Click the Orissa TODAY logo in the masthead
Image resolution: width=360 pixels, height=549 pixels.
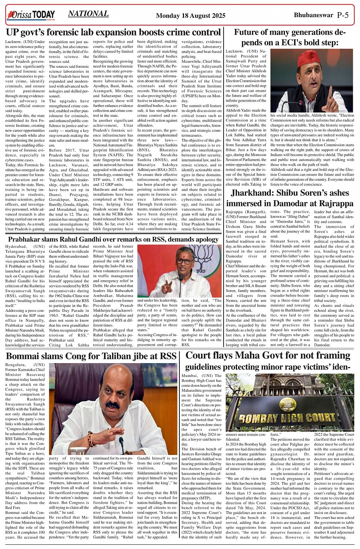coord(31,15)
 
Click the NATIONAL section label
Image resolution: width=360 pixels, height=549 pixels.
coord(88,14)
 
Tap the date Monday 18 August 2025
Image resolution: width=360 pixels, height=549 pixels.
coord(190,16)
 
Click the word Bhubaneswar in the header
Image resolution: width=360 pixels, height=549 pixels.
coord(313,15)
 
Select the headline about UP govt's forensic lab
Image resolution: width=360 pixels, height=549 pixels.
coord(114,32)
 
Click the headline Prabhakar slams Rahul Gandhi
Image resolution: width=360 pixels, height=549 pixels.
coord(113,239)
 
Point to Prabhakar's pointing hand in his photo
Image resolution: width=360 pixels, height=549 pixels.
coord(167,285)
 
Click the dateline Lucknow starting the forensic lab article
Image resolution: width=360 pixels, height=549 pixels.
coord(14,41)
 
